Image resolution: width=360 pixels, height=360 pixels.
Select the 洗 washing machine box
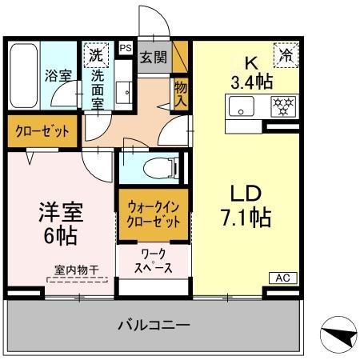coord(96,56)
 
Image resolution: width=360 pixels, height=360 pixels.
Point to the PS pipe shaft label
coord(125,48)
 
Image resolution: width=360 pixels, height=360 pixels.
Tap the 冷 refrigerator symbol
coord(285,55)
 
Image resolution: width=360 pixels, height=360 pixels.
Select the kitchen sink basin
coord(242,105)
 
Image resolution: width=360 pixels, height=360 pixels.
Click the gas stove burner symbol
coord(282,105)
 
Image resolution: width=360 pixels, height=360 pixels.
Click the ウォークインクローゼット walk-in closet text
coord(154,213)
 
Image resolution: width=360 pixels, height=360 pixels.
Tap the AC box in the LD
coord(282,277)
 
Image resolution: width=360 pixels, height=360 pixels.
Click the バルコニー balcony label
coord(154,325)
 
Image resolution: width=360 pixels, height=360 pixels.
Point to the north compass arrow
coord(339,336)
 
